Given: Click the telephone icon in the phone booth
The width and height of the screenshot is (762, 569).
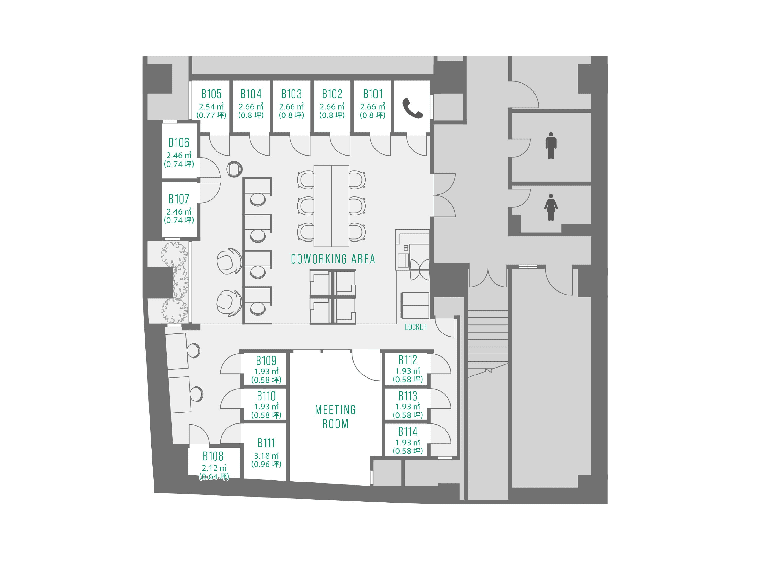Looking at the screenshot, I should (x=412, y=108).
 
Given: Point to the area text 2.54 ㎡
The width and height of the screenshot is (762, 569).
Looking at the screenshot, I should (x=211, y=107).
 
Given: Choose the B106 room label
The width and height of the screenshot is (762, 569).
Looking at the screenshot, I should (x=179, y=142).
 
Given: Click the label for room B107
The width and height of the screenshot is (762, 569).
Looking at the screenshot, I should (x=179, y=199).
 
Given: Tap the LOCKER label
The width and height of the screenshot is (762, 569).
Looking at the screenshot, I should (x=416, y=327).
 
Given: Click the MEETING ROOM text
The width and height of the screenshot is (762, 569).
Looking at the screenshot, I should (x=335, y=416).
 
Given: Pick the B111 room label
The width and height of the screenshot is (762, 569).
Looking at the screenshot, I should (x=266, y=443).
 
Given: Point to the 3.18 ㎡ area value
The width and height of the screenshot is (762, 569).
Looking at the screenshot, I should (x=266, y=456).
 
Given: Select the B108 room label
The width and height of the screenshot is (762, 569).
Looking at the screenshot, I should (x=213, y=456).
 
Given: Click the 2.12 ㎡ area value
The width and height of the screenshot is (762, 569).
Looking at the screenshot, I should (x=214, y=468).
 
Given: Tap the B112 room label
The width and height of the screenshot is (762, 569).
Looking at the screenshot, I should (x=408, y=360).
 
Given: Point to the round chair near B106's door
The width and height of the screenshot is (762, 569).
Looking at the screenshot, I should (x=234, y=169).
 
